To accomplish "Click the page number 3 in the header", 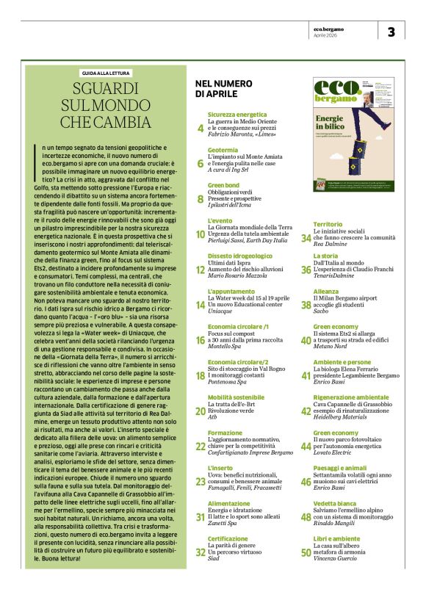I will click(391, 32).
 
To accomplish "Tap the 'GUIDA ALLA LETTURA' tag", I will click(108, 73).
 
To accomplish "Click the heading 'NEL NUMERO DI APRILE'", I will click(217, 89).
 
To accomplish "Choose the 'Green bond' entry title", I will click(224, 185).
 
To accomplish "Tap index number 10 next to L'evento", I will click(200, 235).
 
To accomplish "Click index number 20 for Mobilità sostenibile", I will click(200, 411).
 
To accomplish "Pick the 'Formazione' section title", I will click(225, 432).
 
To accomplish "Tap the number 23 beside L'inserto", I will click(200, 482).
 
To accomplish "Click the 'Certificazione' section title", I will click(228, 538).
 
